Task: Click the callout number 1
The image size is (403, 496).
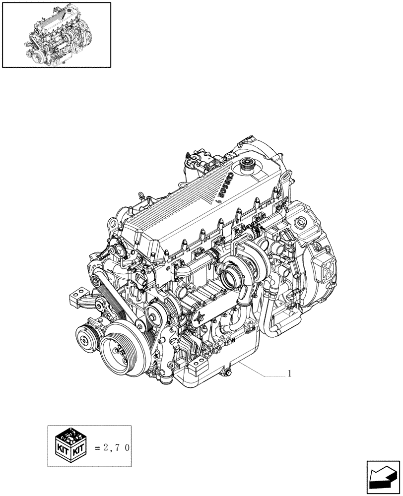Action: click(x=289, y=374)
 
